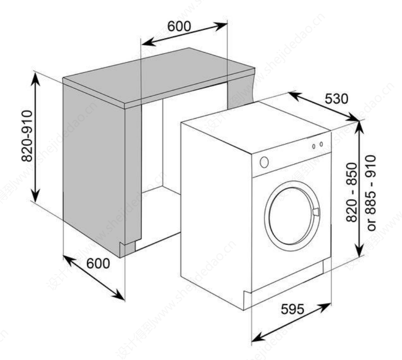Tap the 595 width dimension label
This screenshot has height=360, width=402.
[x=292, y=309]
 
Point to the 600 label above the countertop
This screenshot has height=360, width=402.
[x=179, y=27]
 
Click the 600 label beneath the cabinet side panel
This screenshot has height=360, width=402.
[x=98, y=264]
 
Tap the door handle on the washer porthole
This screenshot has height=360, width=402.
[x=316, y=212]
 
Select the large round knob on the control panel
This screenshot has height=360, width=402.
[x=264, y=162]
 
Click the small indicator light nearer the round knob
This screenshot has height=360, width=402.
[x=313, y=147]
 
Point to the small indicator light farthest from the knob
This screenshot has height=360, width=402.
[x=321, y=144]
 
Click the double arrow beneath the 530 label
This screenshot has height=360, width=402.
[x=324, y=106]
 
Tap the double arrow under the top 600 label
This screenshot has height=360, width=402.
[x=184, y=34]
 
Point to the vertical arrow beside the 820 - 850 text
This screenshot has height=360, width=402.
[x=359, y=189]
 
